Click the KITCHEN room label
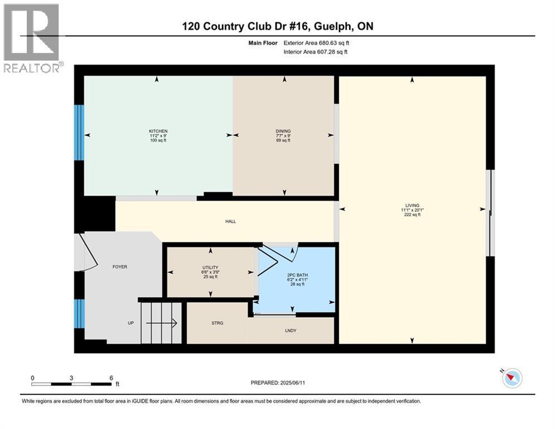[x=158, y=131]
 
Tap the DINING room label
[x=283, y=131]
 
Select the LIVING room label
[x=412, y=205]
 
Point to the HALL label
[x=231, y=221]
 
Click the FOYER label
[x=119, y=266]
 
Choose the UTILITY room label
[x=210, y=268]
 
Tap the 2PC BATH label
[x=297, y=275]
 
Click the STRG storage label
[x=218, y=323]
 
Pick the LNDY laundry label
[x=291, y=331]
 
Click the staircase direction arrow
[x=161, y=323]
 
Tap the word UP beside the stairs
[x=131, y=323]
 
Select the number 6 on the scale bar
[x=111, y=378]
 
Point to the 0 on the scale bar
[x=32, y=378]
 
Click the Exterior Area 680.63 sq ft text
[x=316, y=43]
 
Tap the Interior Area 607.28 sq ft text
[x=315, y=52]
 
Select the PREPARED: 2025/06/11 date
[x=278, y=383]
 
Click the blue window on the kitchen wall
[x=79, y=132]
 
